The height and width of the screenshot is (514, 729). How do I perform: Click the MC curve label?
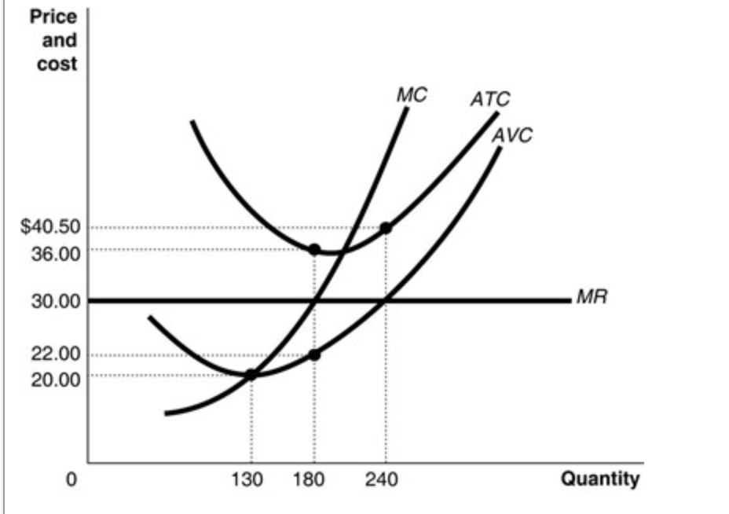[412, 95]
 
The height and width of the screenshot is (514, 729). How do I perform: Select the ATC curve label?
[490, 100]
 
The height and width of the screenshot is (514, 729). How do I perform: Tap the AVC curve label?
[511, 134]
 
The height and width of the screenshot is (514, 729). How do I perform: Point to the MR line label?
[592, 299]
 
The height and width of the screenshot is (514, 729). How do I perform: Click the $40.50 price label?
[50, 227]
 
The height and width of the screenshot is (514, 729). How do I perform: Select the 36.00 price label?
[55, 253]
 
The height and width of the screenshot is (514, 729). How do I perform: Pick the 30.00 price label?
[55, 301]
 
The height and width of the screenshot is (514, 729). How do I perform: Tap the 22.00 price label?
[55, 354]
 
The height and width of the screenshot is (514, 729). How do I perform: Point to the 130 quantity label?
[251, 479]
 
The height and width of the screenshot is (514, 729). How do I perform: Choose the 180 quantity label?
[314, 479]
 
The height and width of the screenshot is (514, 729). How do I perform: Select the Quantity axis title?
[600, 479]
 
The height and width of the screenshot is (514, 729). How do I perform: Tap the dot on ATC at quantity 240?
[386, 228]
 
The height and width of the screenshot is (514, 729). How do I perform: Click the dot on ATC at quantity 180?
[314, 250]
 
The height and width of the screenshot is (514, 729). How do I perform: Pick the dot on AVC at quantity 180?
[314, 355]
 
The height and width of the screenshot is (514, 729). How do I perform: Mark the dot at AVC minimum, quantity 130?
[251, 375]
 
